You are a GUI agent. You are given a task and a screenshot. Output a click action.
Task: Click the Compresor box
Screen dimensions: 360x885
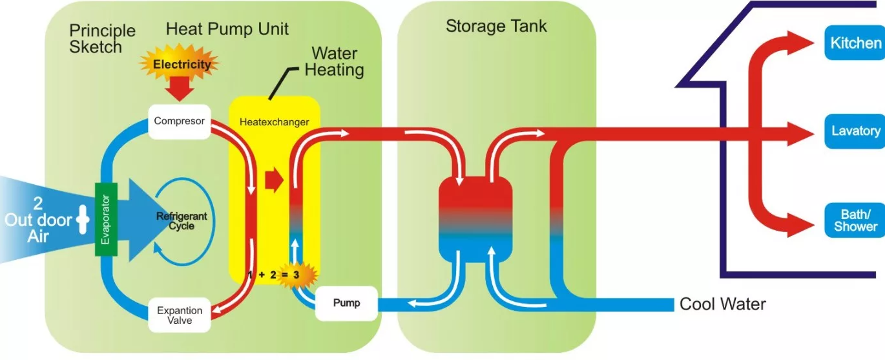(179, 122)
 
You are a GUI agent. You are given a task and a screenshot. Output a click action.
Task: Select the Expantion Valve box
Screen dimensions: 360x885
(180, 315)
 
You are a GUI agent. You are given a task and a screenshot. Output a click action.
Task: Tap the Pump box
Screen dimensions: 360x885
(346, 303)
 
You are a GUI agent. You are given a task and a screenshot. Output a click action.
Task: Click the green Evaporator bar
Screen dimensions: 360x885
(105, 218)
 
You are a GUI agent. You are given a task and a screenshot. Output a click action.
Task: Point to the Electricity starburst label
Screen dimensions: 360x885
(182, 64)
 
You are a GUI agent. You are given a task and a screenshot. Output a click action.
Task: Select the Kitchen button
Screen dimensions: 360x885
(855, 43)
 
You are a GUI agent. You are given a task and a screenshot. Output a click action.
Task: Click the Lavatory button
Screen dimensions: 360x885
(855, 131)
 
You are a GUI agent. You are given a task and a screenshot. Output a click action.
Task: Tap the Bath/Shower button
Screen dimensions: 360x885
(855, 220)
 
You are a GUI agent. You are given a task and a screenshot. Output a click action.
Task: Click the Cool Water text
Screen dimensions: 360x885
(722, 304)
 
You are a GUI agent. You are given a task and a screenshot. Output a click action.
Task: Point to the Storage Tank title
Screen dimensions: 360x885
(495, 26)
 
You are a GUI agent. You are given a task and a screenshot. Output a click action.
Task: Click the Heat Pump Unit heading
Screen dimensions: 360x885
(227, 28)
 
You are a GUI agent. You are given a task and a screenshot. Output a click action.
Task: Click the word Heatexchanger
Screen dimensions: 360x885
(274, 122)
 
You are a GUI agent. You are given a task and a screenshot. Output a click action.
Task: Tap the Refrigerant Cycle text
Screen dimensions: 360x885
(182, 221)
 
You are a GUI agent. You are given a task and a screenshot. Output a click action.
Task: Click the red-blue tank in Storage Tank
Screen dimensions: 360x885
(475, 219)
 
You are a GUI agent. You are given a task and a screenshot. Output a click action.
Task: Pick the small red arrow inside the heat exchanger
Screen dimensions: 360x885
(274, 180)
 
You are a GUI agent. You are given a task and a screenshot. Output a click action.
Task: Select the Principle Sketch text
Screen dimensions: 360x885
(101, 38)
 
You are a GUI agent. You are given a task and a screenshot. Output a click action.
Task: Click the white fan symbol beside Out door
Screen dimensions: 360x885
(83, 220)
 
